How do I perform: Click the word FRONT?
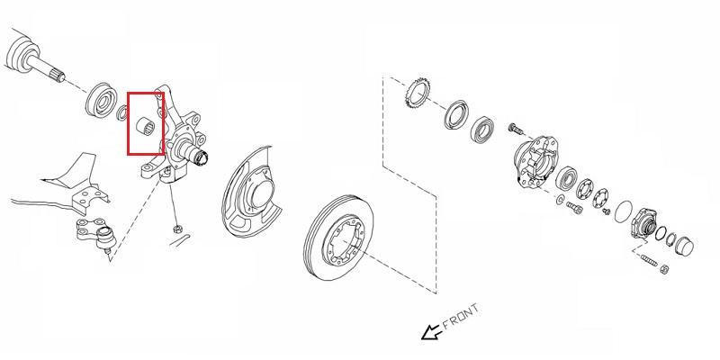point(461,317)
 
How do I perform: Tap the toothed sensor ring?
point(417,94)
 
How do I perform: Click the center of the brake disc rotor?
point(339,237)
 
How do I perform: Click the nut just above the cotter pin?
point(176,229)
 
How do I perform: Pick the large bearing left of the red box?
point(101,99)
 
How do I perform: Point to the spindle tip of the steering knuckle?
point(201,158)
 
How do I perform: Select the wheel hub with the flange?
point(535,163)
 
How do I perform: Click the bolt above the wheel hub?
point(516,129)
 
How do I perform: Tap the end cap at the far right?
point(684,247)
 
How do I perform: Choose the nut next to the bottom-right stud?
point(664,269)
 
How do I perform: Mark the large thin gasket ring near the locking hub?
point(624,211)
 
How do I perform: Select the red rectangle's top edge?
point(146,94)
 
